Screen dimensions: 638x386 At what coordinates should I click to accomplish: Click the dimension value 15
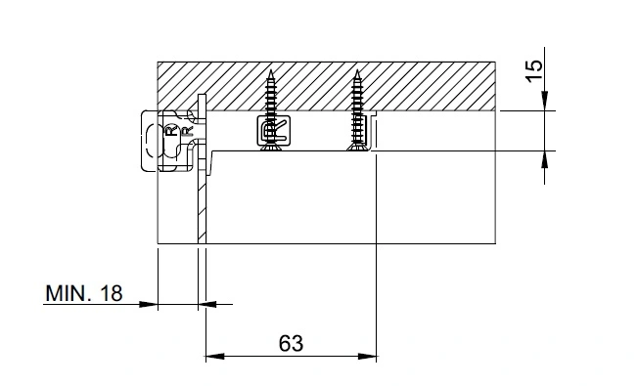(x=534, y=71)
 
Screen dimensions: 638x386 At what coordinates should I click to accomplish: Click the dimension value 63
(x=291, y=343)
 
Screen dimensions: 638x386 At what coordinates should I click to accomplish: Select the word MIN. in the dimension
(x=68, y=293)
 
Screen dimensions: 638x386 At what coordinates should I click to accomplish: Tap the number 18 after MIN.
(x=112, y=293)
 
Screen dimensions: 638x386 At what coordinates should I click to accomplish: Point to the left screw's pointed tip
(x=271, y=70)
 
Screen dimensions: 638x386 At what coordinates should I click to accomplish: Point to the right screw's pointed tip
(x=357, y=70)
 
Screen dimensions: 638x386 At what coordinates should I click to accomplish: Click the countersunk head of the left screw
(x=271, y=148)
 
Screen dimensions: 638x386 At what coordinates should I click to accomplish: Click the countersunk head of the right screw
(x=357, y=148)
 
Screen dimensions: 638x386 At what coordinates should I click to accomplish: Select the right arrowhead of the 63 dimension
(x=367, y=357)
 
